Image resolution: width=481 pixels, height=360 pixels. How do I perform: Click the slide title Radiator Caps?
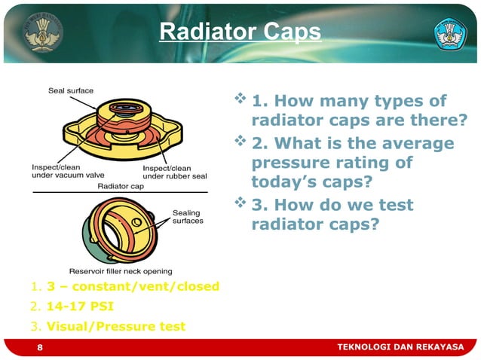pos(240,32)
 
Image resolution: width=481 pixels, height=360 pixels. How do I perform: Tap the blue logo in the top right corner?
pos(451,32)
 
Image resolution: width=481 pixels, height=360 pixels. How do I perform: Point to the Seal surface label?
pos(71,90)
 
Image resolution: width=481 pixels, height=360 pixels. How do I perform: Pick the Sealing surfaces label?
pos(188,217)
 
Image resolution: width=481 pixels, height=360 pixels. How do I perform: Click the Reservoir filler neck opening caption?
pos(121,271)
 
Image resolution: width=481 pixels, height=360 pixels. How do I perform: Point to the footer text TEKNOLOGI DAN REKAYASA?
pos(400,346)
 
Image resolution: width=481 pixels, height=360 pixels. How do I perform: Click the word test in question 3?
pos(395,205)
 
